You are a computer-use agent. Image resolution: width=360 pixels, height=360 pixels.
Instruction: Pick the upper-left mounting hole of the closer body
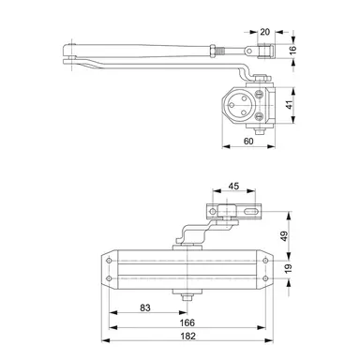112,260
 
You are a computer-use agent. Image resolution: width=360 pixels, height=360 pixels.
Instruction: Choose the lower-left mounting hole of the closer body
112,277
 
